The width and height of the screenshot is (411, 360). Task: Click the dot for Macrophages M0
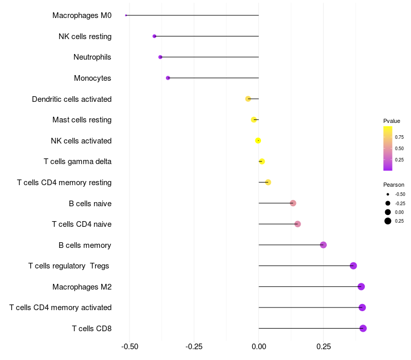point(126,15)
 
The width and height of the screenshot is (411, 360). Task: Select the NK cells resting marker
point(154,36)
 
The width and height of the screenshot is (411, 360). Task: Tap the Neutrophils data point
point(160,57)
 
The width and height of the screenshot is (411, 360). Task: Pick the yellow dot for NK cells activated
point(258,140)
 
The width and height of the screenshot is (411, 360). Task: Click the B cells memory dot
point(323,245)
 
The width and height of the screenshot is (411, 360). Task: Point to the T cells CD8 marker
point(363,328)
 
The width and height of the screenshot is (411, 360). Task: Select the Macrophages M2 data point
point(361,286)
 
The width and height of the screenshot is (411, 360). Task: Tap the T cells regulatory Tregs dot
point(353,265)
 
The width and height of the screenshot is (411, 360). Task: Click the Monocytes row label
point(92,78)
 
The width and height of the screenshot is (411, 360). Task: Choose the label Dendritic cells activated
point(71,99)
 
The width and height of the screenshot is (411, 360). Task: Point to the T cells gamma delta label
point(78,161)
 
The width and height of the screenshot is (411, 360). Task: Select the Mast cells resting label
point(82,120)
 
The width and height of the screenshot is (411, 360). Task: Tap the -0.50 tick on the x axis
point(129,347)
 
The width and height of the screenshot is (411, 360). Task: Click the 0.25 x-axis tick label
point(323,347)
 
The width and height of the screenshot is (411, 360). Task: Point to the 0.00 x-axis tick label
point(258,347)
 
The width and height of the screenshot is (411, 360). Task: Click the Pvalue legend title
point(391,121)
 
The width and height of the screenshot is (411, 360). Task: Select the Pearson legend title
point(394,185)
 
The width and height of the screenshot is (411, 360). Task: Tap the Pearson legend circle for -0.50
point(387,194)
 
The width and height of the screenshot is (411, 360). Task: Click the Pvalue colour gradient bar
point(388,148)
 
